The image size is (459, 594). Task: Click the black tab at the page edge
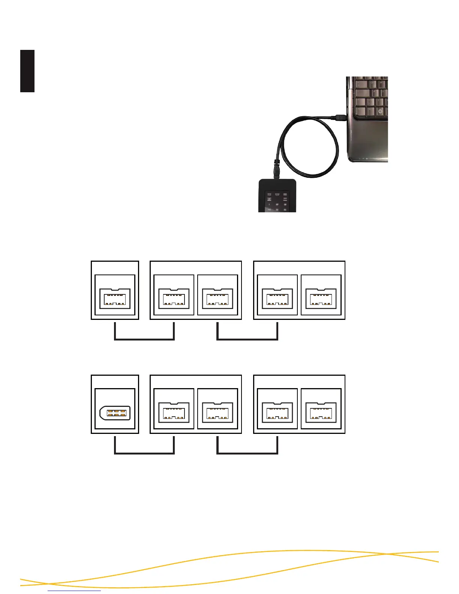[27, 71]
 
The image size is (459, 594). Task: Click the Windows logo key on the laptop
[380, 112]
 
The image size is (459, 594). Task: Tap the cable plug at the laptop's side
[340, 117]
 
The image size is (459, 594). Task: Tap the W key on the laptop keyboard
[381, 82]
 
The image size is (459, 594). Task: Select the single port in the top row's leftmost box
[115, 298]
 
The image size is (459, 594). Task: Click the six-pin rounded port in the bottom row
[115, 413]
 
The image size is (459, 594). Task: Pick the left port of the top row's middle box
[174, 298]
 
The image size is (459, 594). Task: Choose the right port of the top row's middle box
[217, 298]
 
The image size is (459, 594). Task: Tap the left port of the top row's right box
[277, 298]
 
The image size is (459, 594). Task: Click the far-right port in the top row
[321, 298]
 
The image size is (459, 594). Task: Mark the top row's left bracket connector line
[144, 339]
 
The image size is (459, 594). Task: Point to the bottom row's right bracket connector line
[247, 453]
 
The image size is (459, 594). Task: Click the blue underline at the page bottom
[75, 591]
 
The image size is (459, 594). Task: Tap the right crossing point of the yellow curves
[390, 554]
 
